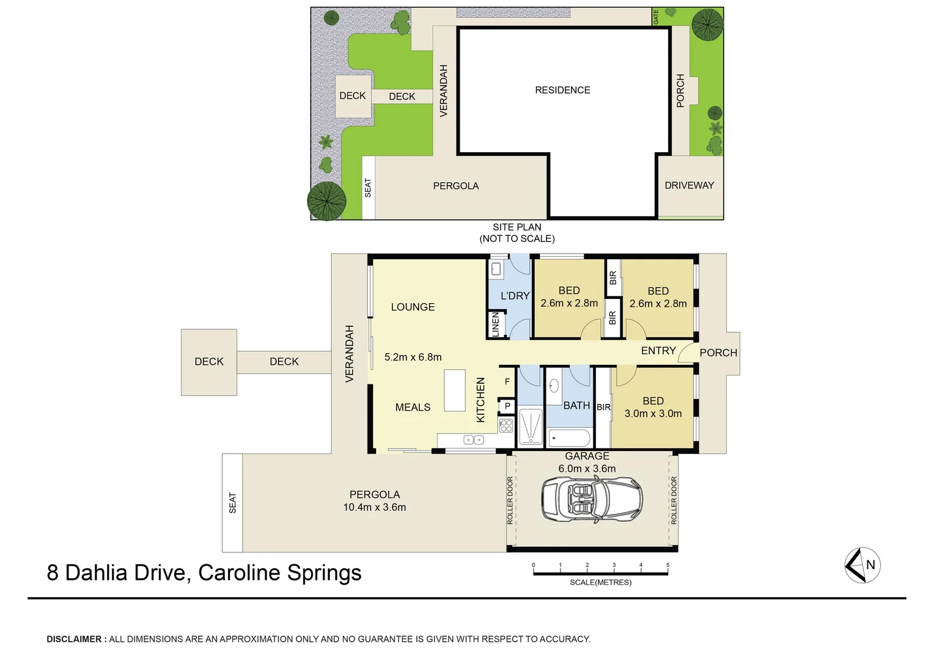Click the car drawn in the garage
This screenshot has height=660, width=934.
point(592,499)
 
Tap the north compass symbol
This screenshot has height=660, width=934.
point(862,565)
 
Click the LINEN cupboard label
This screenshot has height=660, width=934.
point(496,324)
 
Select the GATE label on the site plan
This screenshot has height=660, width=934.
point(656,16)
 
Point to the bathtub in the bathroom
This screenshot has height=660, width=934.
point(569,438)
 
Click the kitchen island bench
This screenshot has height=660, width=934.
point(455,390)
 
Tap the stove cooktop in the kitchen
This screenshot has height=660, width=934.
point(506,425)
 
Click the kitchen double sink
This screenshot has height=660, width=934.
point(474,439)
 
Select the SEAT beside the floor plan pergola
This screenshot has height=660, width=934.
point(232,502)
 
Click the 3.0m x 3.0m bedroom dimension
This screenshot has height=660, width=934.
point(653,414)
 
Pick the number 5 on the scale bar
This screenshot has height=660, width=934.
point(667,565)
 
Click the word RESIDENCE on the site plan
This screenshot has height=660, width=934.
point(562,90)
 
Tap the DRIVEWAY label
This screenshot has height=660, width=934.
point(689,185)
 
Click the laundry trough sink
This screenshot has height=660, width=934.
point(496,268)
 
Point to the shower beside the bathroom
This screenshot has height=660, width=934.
point(530,426)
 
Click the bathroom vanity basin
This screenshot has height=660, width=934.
point(554,386)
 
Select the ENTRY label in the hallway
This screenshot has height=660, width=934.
point(658,351)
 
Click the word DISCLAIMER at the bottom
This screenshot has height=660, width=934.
point(74,639)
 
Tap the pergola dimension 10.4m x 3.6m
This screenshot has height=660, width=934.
point(374,507)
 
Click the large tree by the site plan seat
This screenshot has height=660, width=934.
point(326,200)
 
